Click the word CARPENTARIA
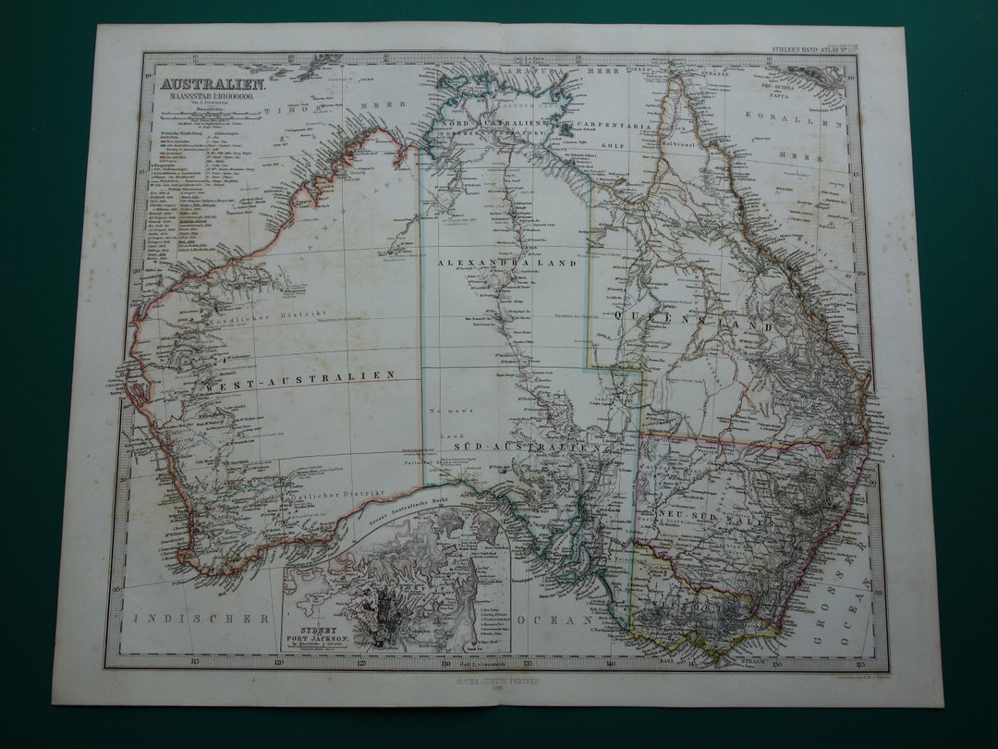[x=615, y=123]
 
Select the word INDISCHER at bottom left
[x=202, y=618]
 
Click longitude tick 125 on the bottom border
[x=360, y=661]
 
